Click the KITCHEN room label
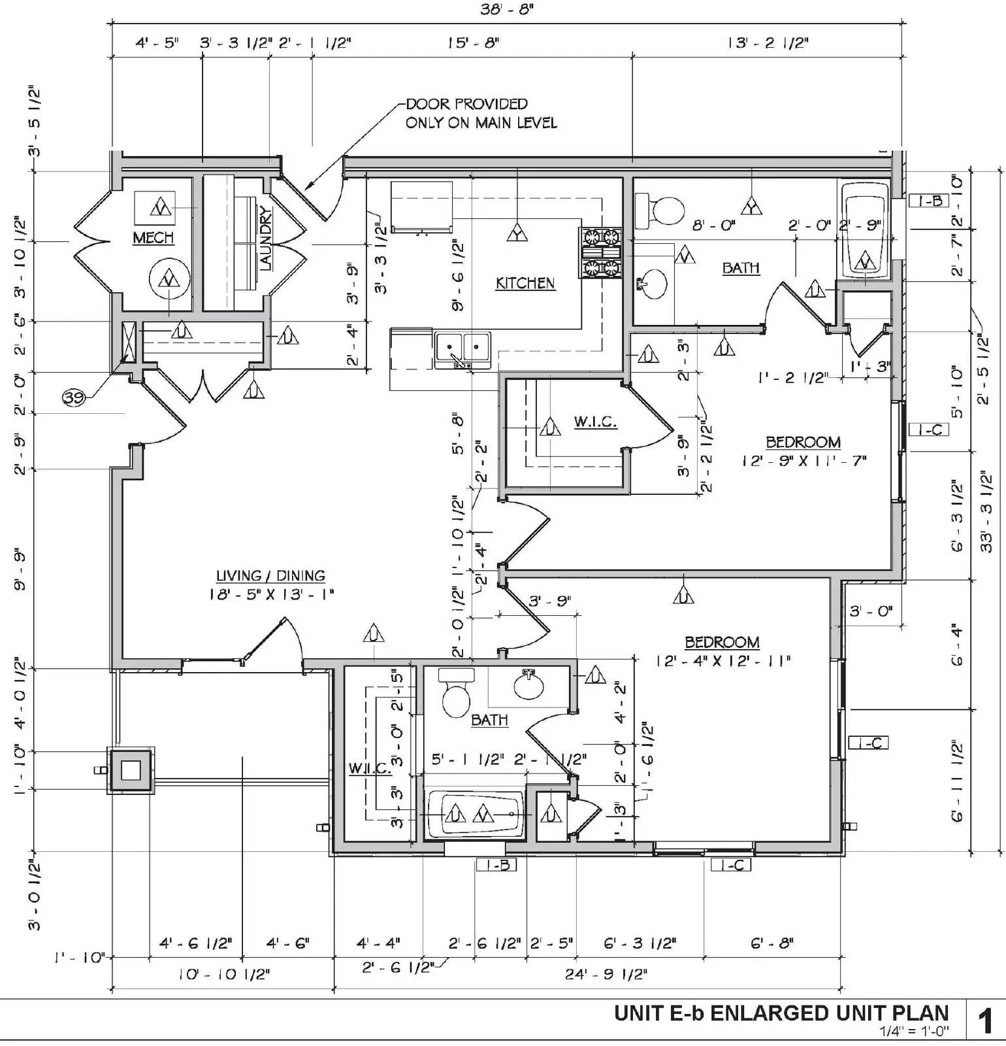click(x=525, y=283)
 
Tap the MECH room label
click(x=154, y=237)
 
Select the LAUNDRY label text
click(x=266, y=238)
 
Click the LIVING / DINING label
click(x=270, y=576)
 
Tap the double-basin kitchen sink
click(x=462, y=347)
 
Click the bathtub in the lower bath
click(x=475, y=814)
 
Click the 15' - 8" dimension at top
click(x=473, y=43)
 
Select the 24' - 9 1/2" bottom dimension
click(x=606, y=974)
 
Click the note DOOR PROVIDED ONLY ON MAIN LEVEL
click(x=481, y=113)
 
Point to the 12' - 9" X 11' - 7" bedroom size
click(x=803, y=460)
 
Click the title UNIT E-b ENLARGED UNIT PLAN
click(x=781, y=1013)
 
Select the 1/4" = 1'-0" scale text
click(x=914, y=1032)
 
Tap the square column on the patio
click(x=131, y=771)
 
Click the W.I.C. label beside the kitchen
click(x=595, y=422)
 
